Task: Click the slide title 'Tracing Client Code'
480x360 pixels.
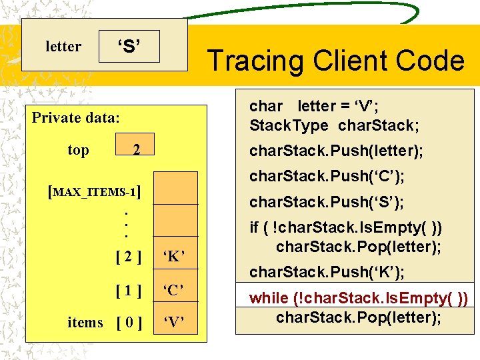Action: click(335, 61)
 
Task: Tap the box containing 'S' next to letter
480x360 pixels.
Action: click(129, 46)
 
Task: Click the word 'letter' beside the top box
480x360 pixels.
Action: click(63, 46)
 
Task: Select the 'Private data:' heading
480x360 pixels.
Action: click(76, 118)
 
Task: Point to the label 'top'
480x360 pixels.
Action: click(78, 150)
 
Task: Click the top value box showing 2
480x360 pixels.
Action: click(135, 150)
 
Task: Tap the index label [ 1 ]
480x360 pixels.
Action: click(128, 290)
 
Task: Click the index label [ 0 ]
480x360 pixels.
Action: click(128, 323)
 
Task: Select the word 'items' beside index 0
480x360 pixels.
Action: click(85, 323)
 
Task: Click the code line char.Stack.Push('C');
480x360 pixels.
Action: click(327, 177)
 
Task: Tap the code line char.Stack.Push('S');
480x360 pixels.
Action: click(327, 201)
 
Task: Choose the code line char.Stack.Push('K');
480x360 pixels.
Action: click(327, 272)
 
